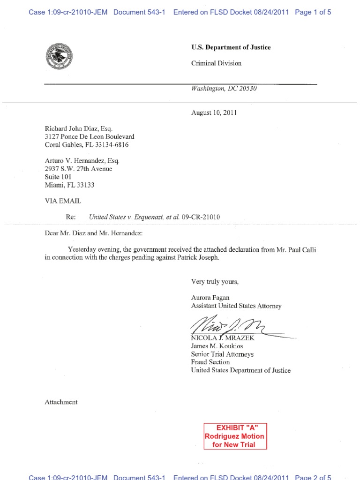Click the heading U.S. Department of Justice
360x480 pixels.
(x=231, y=47)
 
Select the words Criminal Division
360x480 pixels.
(x=216, y=63)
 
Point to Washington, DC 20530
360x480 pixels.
(x=224, y=89)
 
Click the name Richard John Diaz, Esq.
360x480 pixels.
(x=79, y=128)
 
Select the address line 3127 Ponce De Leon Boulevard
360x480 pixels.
(x=89, y=136)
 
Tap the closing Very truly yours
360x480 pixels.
(x=215, y=282)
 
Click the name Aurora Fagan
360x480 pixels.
(x=210, y=298)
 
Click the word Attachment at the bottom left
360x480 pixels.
(x=61, y=402)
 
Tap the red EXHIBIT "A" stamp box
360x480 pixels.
(x=235, y=436)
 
